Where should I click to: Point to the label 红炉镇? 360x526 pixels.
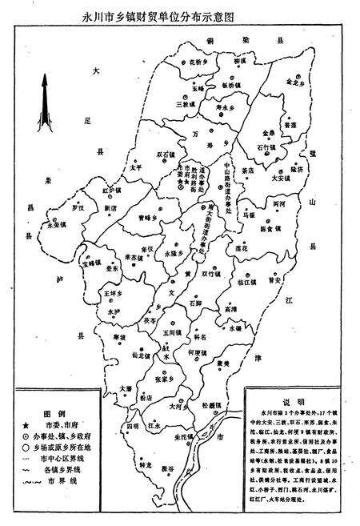tap(111, 191)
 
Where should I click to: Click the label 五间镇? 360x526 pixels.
tap(170, 332)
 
